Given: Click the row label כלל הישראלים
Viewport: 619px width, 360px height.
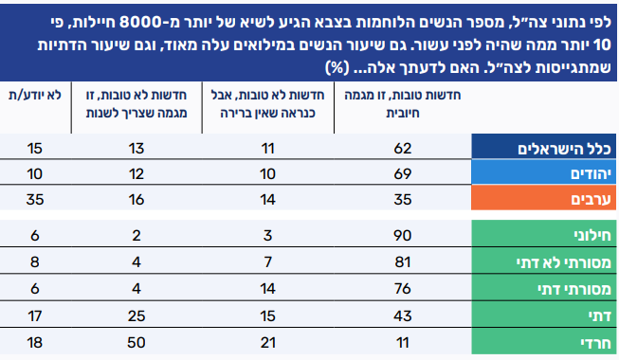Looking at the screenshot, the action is click(x=564, y=149).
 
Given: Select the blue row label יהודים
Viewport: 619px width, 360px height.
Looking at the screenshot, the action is click(x=591, y=174).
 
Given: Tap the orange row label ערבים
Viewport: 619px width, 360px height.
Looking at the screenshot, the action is click(x=591, y=199).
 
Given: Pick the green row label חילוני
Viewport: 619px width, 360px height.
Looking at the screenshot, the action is click(x=592, y=236).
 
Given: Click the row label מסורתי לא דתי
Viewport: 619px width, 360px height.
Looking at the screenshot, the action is click(x=564, y=262).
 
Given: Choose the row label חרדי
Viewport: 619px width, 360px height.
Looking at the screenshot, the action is click(x=595, y=343).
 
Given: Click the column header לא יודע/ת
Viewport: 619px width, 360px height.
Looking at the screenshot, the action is click(x=35, y=95).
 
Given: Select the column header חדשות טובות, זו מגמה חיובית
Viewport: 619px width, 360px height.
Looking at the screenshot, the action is click(x=402, y=104).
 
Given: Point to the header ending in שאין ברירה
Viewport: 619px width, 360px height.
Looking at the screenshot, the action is click(x=267, y=104).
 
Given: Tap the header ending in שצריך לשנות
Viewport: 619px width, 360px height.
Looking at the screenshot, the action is click(x=137, y=104).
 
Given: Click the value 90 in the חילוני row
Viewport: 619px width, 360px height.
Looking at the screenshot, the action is click(x=403, y=236).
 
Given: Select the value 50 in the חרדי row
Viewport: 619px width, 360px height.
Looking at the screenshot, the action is click(x=137, y=343).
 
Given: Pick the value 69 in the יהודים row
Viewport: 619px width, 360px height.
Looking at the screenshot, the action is click(x=403, y=174).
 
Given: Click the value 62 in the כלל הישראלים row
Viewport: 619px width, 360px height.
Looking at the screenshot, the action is click(x=403, y=149).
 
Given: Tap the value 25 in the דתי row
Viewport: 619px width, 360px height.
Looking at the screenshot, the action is click(x=137, y=316).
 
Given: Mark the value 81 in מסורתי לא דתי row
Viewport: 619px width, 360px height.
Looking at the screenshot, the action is click(x=403, y=262).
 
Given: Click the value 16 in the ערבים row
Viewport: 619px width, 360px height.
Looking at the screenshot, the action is click(x=137, y=200).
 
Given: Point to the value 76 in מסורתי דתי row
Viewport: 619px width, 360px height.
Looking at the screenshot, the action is click(x=403, y=289).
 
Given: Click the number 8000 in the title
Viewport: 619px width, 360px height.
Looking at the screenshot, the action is click(x=140, y=23).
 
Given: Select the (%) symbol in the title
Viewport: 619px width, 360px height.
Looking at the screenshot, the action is click(x=337, y=67).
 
